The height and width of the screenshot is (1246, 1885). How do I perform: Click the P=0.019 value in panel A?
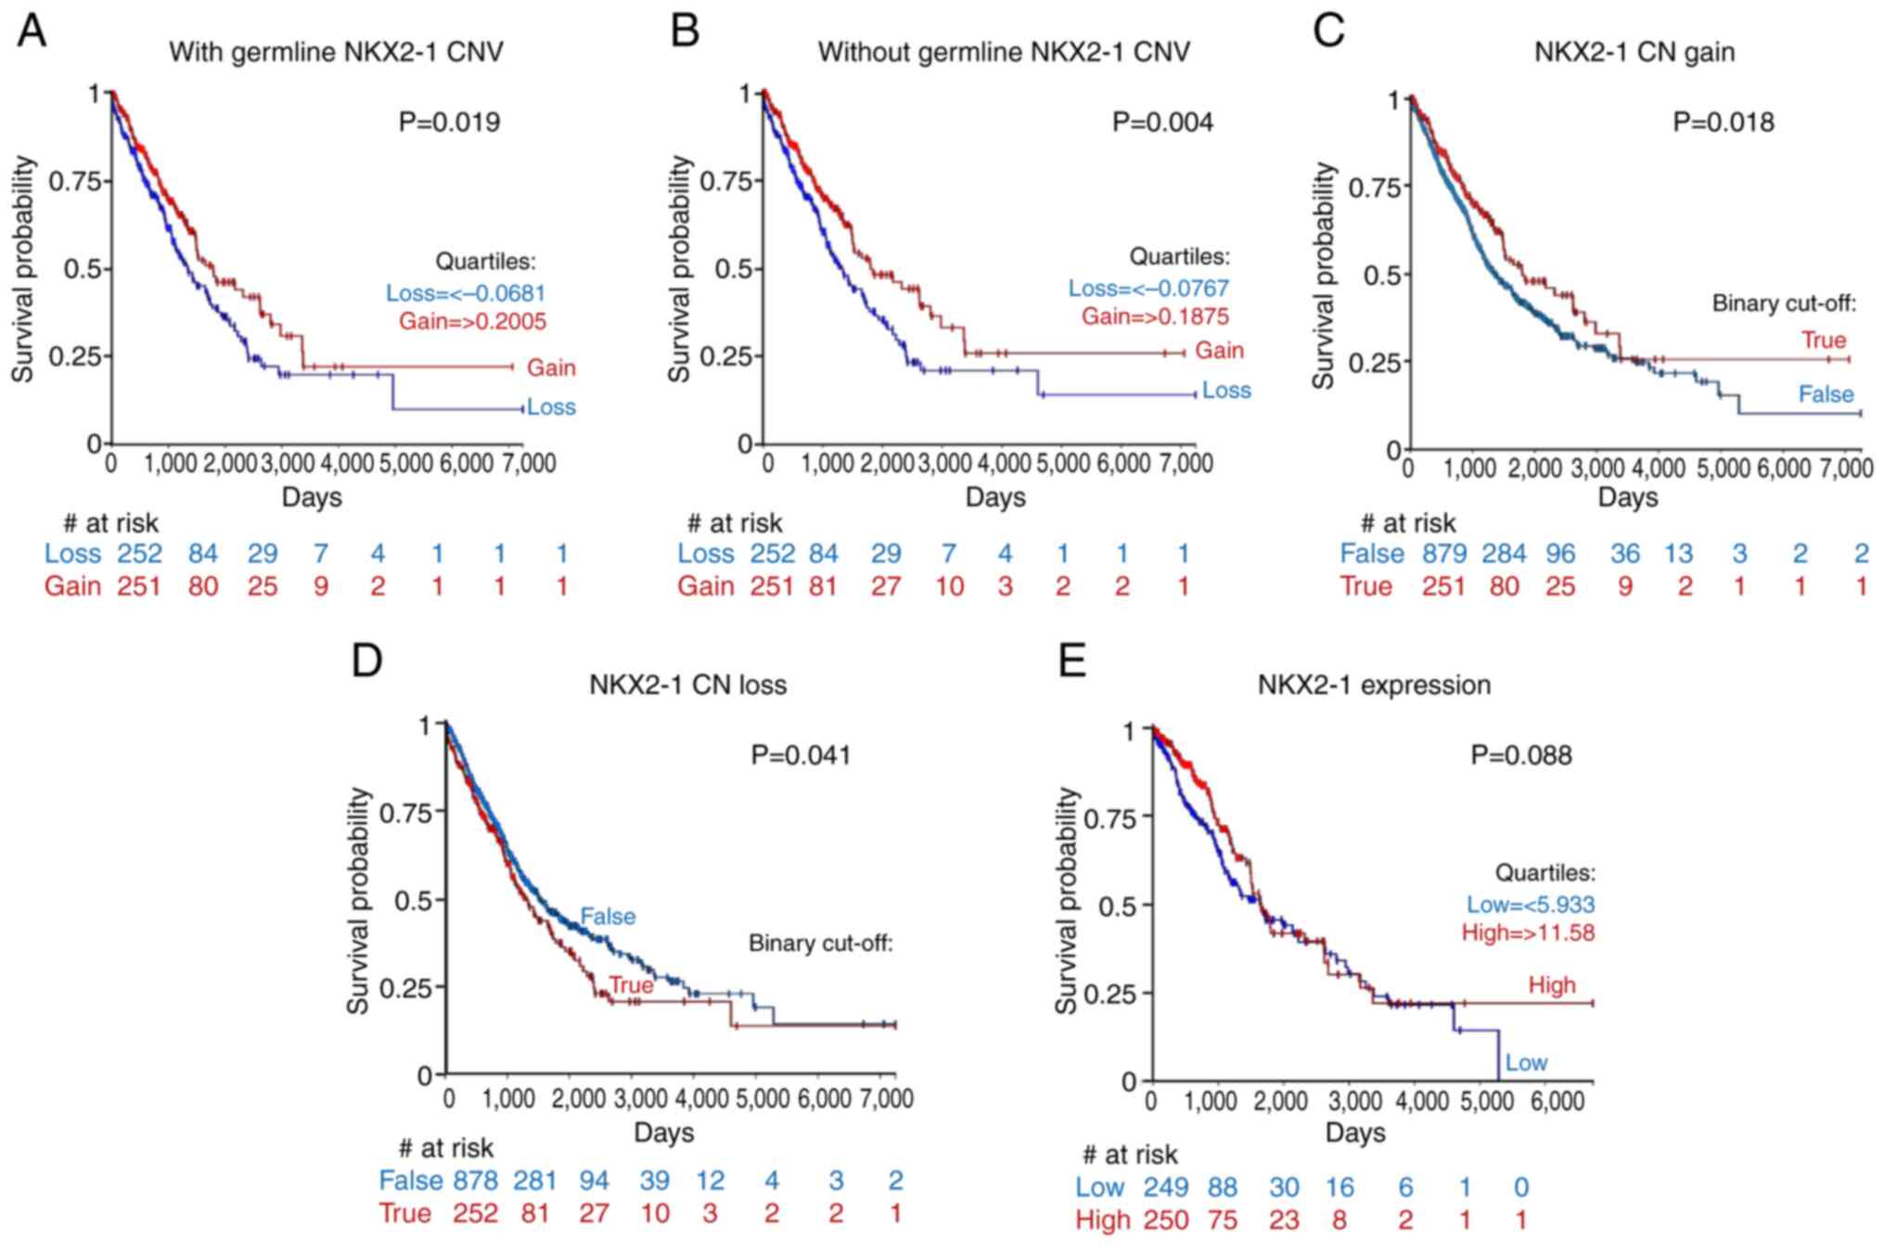[449, 122]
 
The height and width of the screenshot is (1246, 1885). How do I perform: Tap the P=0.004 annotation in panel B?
[1162, 122]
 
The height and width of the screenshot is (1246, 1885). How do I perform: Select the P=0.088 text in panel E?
[1521, 755]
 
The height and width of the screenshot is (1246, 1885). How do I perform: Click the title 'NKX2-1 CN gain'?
[1634, 52]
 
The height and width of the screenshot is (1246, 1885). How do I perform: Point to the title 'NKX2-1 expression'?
[1374, 685]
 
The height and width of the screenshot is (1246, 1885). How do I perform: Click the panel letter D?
[367, 661]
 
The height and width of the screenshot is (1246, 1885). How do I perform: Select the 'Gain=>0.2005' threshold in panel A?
[472, 322]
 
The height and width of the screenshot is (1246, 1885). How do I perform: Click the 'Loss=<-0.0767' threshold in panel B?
[1148, 288]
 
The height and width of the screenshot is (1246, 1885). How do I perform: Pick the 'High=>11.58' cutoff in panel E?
[1528, 932]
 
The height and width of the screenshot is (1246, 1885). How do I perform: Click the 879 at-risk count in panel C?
[1444, 554]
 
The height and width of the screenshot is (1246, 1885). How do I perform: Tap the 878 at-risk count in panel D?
[475, 1180]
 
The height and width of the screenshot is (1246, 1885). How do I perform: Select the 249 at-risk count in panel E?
[1165, 1187]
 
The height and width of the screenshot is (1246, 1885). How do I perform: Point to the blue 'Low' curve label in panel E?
[1526, 1062]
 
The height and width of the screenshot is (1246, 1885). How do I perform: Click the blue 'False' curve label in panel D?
[608, 917]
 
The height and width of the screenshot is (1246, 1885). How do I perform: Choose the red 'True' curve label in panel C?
[1824, 340]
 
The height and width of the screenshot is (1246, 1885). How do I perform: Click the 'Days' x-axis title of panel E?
[1355, 1133]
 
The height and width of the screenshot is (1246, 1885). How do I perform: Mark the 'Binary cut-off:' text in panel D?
[820, 944]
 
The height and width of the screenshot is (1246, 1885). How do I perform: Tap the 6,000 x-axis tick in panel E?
[1556, 1101]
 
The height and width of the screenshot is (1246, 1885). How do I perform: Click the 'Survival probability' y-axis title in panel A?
[23, 269]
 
